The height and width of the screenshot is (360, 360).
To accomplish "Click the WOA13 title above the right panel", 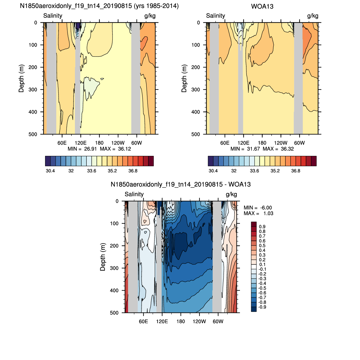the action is tap(262, 7).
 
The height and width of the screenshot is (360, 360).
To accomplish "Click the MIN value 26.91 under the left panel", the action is tap(90, 149).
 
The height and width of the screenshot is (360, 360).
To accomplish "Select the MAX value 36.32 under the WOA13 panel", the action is tap(287, 149).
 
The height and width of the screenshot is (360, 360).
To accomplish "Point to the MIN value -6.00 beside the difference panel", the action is tap(266, 208).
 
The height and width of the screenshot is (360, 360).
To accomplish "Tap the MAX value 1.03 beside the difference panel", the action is tap(268, 213).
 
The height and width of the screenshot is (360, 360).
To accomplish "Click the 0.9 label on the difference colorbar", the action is tap(262, 227).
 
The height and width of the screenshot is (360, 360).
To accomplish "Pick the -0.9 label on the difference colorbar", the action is tap(262, 307).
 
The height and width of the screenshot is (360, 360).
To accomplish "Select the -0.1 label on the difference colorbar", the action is tap(262, 269).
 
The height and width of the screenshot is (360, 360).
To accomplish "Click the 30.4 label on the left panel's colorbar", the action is tap(50, 171).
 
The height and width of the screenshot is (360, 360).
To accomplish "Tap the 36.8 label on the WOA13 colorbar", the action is tap(295, 171).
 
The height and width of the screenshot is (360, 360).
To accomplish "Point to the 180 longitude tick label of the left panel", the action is tap(99, 143).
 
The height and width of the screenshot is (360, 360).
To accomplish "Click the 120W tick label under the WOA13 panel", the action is tap(280, 143).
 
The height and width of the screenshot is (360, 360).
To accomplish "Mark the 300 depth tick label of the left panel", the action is tap(33, 90).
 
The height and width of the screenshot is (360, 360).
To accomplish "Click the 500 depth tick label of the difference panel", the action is tap(114, 313).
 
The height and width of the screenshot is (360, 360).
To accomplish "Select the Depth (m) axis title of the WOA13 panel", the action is tap(184, 78).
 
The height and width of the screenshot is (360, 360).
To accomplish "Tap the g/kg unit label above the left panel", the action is tap(150, 16).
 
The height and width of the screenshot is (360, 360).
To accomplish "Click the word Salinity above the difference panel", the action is tap(134, 194).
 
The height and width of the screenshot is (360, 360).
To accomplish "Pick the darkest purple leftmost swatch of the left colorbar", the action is tap(48, 161).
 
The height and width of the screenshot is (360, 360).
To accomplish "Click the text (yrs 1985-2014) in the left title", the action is tap(156, 6).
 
